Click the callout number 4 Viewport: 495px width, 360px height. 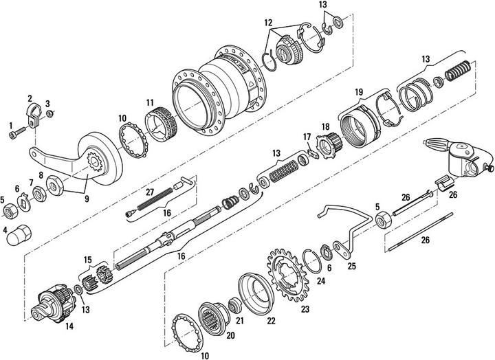[5, 229]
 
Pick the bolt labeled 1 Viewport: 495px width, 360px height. [19, 134]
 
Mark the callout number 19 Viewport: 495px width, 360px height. [358, 91]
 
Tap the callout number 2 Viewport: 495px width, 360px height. [30, 98]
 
